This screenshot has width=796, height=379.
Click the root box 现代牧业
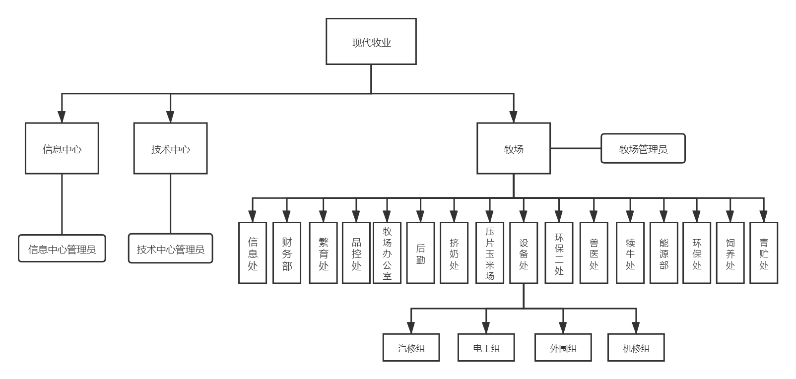coord(371,42)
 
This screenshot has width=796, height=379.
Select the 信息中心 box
coord(62,148)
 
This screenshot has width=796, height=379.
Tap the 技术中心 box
coord(170,148)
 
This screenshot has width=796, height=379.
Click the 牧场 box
coord(514,148)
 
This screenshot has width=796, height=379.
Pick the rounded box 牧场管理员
coord(643,148)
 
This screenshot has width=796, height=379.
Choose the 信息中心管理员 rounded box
coord(62,249)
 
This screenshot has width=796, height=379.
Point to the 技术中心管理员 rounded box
coord(170,249)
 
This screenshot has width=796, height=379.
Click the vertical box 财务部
coord(287,253)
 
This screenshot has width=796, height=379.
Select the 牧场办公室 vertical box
coord(387,253)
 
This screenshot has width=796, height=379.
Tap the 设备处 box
coord(524,253)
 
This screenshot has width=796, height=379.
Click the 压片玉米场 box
coord(490,253)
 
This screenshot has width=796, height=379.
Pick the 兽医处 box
coord(594,253)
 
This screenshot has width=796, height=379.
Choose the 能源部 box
coord(664,253)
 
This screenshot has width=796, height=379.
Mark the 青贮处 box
coord(764,253)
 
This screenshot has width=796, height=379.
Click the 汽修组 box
coord(411,347)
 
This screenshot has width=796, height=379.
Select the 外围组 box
coord(563,347)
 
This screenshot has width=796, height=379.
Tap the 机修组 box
coord(636,347)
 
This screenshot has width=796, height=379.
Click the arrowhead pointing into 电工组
coord(486,328)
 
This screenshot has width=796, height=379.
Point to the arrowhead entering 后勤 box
coord(420,216)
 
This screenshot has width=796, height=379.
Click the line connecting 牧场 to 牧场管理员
coord(576,148)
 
